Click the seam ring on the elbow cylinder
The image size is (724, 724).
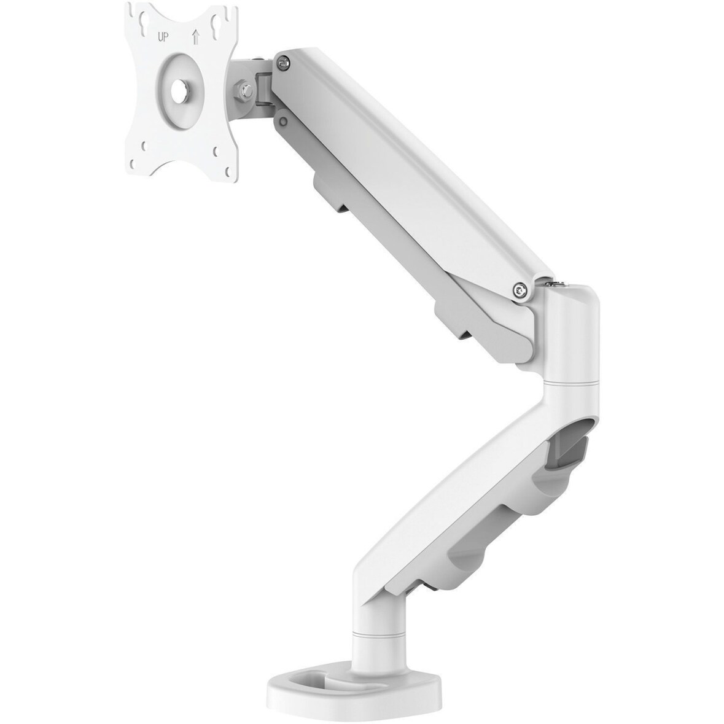point(571,384)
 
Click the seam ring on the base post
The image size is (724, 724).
point(375,615)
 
